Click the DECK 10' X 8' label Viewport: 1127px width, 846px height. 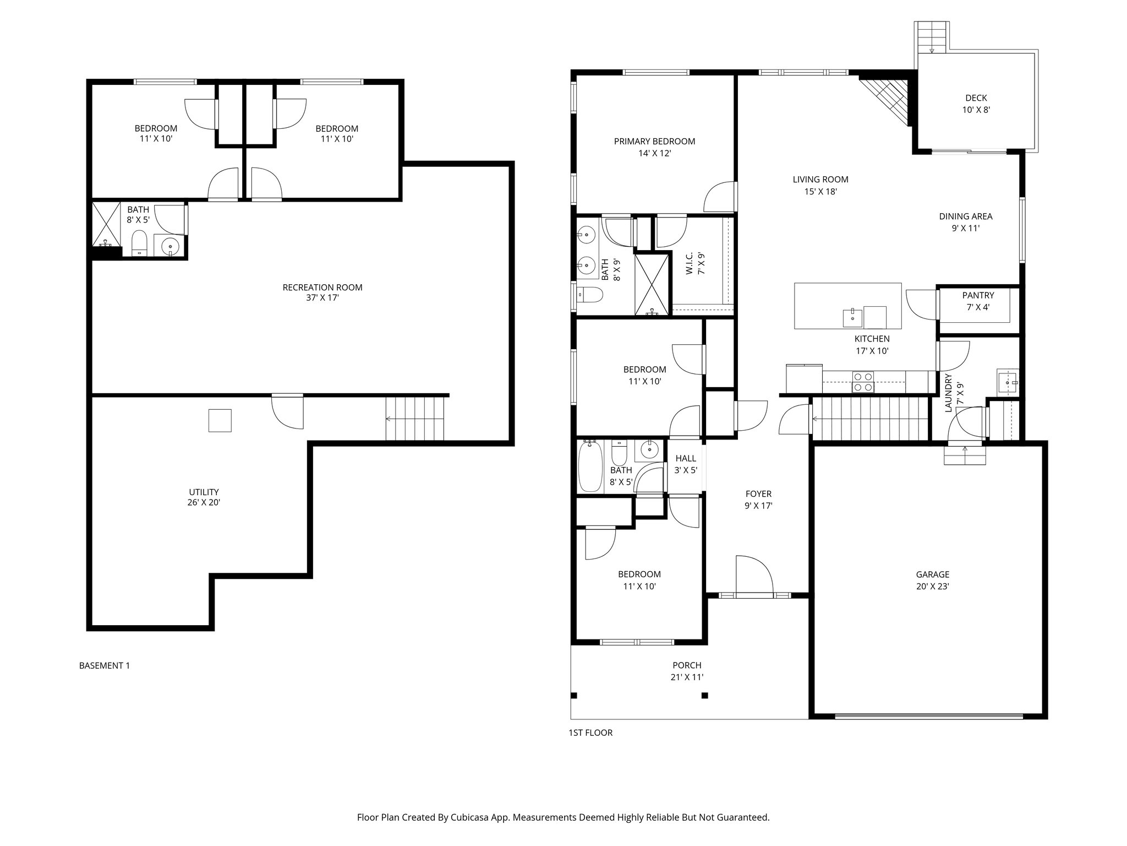point(976,104)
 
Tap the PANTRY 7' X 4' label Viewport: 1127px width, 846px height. point(978,301)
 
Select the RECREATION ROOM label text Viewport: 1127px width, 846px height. point(322,288)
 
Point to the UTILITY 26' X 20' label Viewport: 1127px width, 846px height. point(204,497)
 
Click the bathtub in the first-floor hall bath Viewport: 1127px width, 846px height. point(590,467)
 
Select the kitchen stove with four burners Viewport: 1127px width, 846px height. point(862,382)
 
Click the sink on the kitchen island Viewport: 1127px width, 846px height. point(852,318)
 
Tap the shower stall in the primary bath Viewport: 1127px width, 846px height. point(653,284)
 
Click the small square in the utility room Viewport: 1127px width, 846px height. point(220,420)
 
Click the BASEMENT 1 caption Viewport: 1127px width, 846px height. point(105,665)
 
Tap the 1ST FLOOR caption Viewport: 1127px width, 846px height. point(590,733)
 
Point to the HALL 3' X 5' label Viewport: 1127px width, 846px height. point(686,464)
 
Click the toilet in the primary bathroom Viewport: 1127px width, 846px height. point(589,295)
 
